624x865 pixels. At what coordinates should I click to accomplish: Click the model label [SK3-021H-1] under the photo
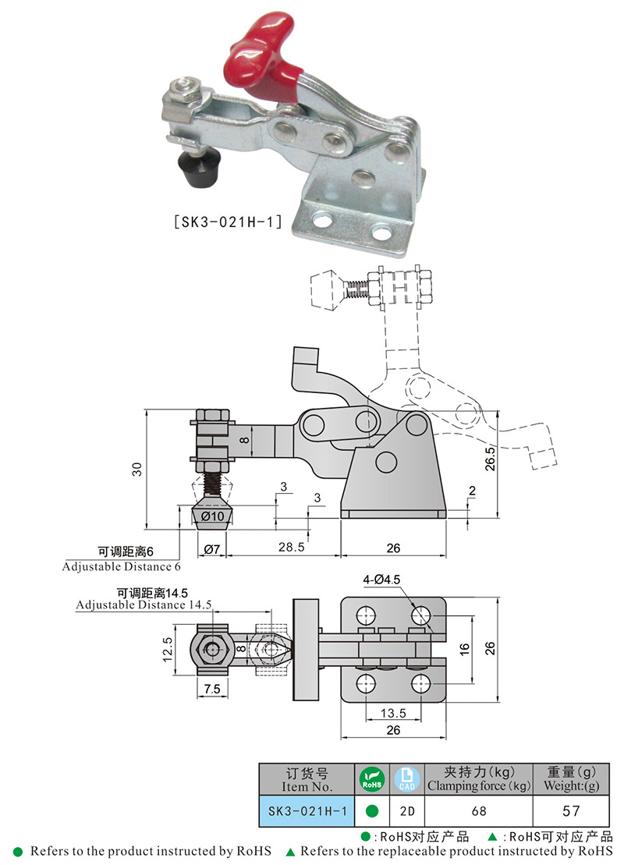coord(226,221)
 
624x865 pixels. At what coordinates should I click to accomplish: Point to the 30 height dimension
coord(137,469)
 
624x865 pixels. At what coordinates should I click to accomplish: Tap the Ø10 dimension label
coord(212,516)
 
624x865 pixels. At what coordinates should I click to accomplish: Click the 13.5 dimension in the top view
coord(392,713)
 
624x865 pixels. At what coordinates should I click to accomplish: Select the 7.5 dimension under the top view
coord(211,690)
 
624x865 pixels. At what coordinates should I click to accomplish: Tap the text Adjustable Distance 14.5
coord(132,604)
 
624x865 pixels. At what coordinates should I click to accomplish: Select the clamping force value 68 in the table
coord(479,811)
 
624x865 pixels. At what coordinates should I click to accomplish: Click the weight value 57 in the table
coord(573,811)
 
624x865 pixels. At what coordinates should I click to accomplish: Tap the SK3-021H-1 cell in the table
coord(307,811)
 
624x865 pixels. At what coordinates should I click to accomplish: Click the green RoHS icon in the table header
coord(372,778)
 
